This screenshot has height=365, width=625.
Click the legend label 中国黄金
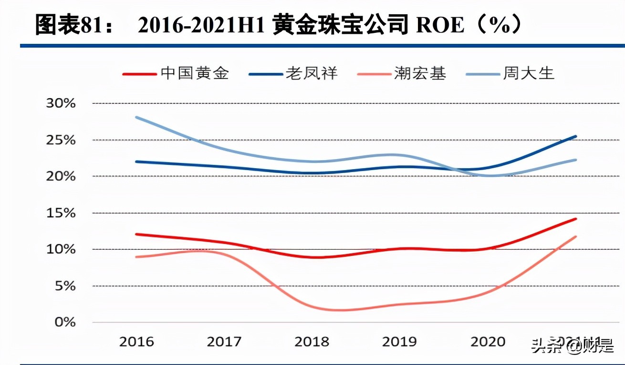(x=195, y=73)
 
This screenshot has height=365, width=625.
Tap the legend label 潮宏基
(x=420, y=73)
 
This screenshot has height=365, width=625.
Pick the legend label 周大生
(x=529, y=73)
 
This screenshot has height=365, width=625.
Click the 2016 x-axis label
(x=136, y=342)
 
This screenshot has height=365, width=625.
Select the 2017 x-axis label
(x=224, y=342)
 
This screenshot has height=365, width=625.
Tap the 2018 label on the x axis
(x=312, y=342)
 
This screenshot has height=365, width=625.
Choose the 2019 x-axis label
(x=400, y=342)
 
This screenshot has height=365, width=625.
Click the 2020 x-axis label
(x=488, y=342)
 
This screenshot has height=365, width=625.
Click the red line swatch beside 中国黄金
(x=139, y=74)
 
